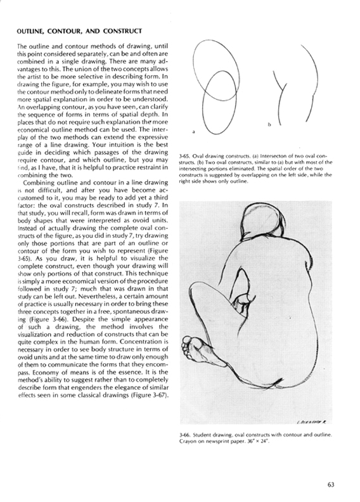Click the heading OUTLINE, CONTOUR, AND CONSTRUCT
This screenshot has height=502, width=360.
[79, 30]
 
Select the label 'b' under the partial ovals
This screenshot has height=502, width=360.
[269, 125]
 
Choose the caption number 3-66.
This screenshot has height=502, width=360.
[186, 435]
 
